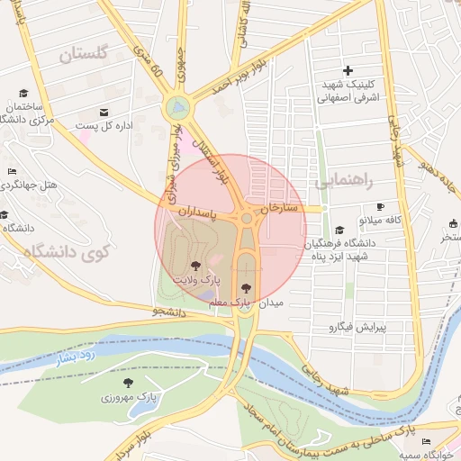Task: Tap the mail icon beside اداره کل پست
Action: coord(104,112)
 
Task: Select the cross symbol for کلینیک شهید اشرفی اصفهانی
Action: coord(349,70)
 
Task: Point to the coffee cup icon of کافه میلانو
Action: coord(380,206)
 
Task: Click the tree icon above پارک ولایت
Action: coord(196,266)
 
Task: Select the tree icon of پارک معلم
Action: coord(247,288)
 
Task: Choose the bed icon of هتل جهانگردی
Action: coord(11,171)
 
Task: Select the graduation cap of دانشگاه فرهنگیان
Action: coord(339,230)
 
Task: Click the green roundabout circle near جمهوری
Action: coord(178,109)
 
